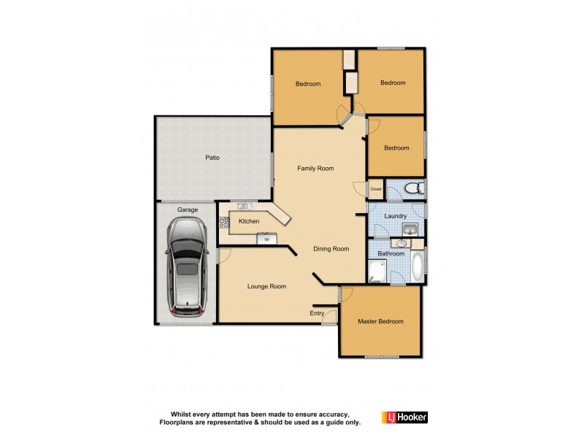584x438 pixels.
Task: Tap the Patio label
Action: [212, 157]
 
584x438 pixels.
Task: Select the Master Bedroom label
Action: [380, 321]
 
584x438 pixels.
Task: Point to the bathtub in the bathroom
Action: [417, 266]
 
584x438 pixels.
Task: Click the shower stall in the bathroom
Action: [377, 272]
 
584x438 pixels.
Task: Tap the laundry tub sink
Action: [410, 228]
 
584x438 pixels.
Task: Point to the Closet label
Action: [376, 189]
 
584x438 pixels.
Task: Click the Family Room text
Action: [315, 169]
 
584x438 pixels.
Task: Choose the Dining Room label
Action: [331, 249]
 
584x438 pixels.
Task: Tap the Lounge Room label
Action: [266, 287]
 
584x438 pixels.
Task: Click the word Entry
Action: [317, 313]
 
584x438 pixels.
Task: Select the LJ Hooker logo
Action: [404, 417]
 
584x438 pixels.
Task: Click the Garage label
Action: [188, 210]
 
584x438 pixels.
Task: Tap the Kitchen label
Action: [249, 221]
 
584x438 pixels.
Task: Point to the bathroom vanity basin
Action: [401, 243]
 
